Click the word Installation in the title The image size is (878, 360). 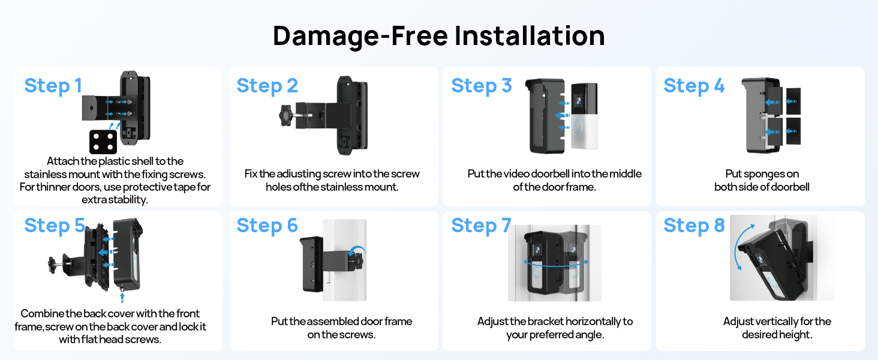[530, 36]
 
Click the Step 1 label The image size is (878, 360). [53, 86]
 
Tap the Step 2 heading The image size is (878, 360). [267, 86]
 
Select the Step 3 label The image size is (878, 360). [481, 86]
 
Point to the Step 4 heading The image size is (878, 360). [694, 86]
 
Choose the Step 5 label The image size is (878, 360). [55, 226]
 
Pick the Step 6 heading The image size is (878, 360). [267, 226]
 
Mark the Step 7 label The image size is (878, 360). [481, 226]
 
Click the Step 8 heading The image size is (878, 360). [694, 226]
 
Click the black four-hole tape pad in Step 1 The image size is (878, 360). [103, 142]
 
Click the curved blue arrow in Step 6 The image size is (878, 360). [357, 250]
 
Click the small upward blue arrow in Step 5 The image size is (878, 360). [123, 295]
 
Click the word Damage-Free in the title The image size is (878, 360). [360, 36]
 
